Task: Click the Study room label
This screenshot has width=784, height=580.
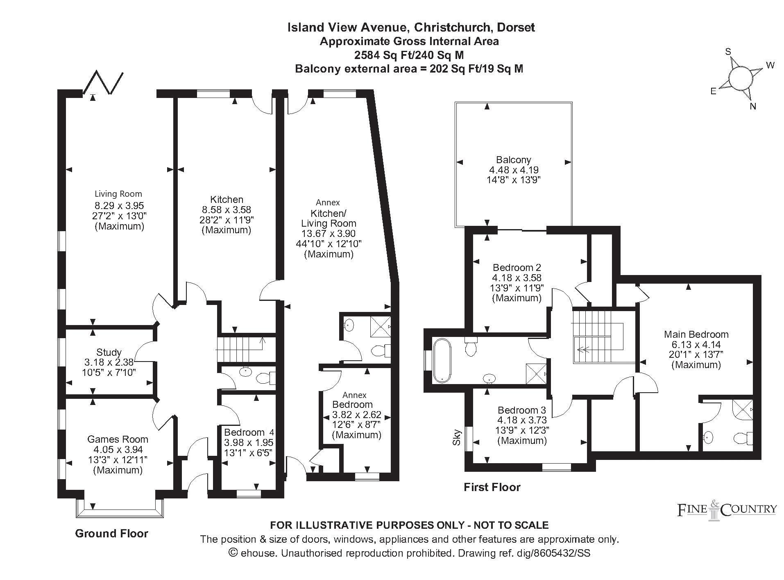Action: tap(109, 352)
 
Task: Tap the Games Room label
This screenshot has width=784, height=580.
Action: tap(118, 439)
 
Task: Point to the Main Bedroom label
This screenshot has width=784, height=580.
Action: tap(696, 334)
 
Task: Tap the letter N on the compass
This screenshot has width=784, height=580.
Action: tap(753, 107)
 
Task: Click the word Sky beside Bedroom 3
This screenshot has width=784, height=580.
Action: tap(458, 437)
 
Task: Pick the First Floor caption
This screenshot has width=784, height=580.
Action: tap(492, 487)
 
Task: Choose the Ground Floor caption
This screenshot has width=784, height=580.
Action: tap(111, 533)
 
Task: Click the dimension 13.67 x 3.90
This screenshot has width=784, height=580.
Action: tap(329, 234)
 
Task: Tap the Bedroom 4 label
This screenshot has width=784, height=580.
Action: tap(249, 432)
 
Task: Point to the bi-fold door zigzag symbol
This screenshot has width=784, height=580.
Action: tap(103, 82)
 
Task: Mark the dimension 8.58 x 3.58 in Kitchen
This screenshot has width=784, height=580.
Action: tap(227, 210)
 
